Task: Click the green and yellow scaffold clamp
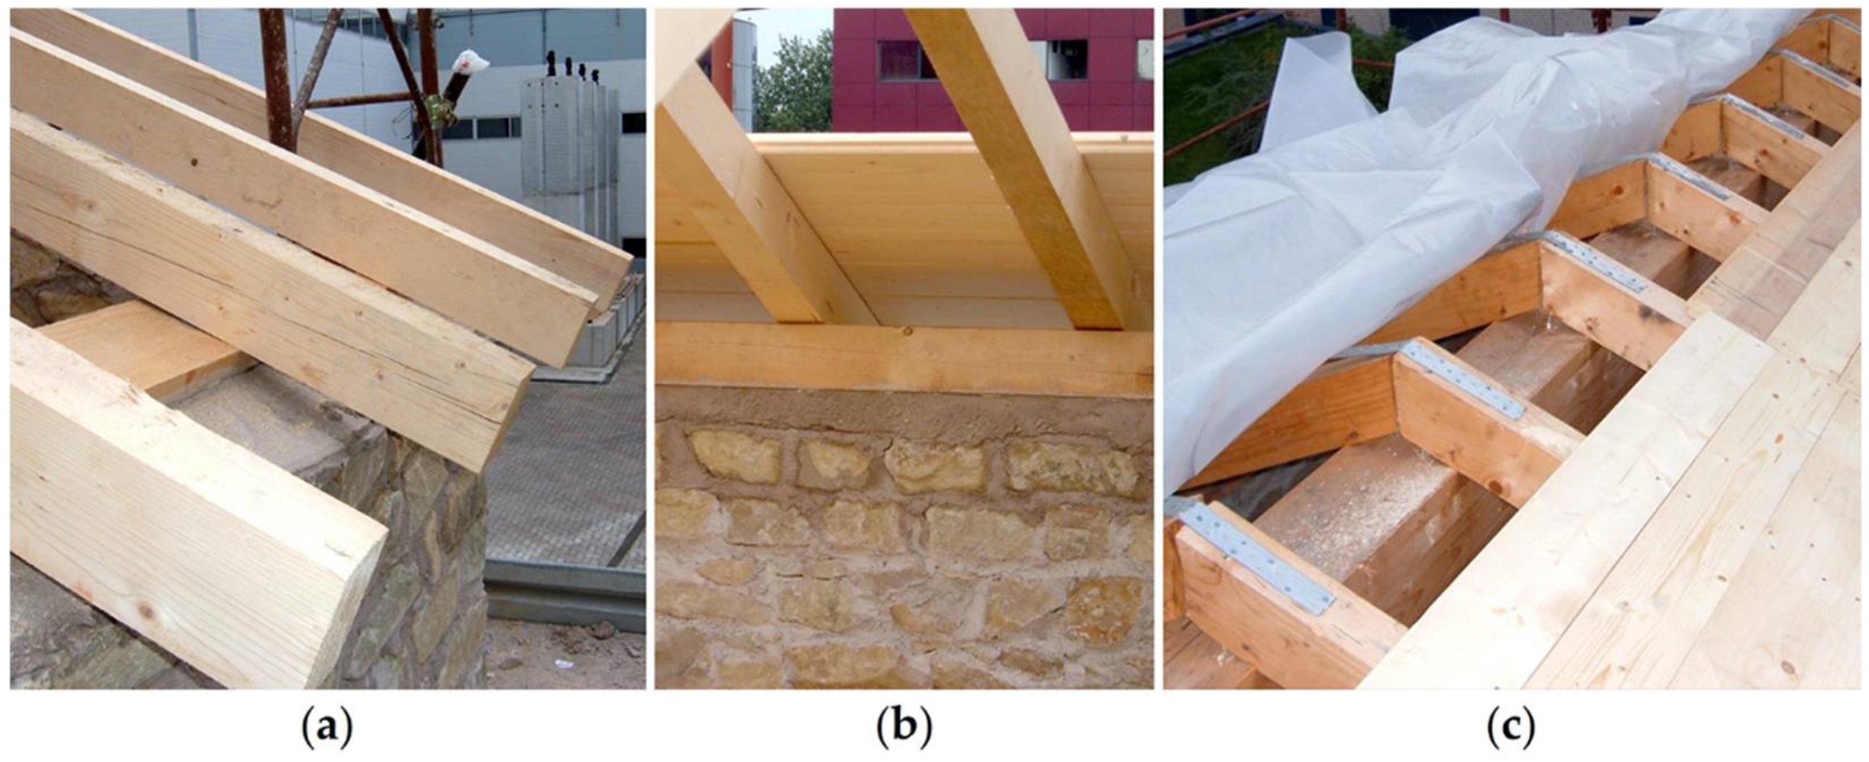(439, 109)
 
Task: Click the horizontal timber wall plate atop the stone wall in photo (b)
(904, 359)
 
